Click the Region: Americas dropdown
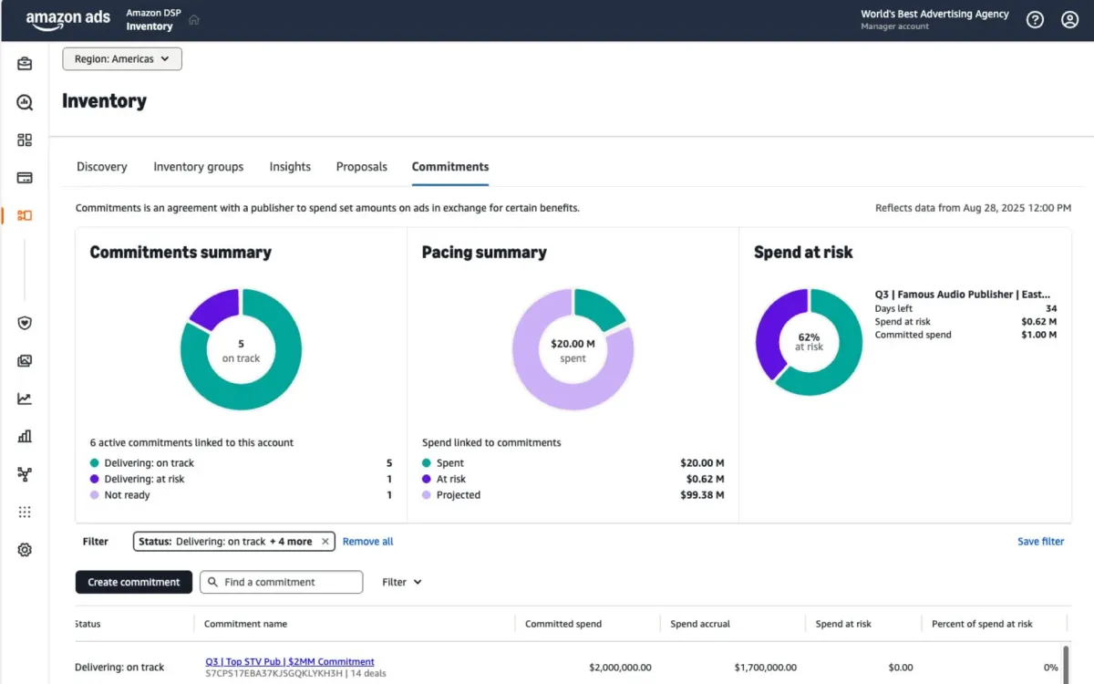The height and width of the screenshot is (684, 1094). [x=122, y=59]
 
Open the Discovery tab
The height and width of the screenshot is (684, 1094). [x=102, y=167]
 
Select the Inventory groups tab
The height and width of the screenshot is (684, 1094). [x=198, y=167]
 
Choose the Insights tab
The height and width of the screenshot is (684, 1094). [x=290, y=167]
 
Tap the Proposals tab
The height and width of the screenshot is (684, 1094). [x=361, y=167]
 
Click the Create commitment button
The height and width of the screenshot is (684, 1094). [x=133, y=582]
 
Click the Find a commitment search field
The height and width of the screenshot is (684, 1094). [x=282, y=582]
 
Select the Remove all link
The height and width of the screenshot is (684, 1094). [x=367, y=542]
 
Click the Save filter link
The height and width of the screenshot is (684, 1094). [x=1040, y=542]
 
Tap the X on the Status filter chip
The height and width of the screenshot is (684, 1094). [x=325, y=542]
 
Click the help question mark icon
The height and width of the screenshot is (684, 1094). [x=1035, y=20]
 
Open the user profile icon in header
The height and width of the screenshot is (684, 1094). [x=1069, y=20]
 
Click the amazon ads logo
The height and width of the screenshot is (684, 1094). [x=67, y=20]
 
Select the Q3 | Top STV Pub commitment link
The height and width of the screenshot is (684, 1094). [x=290, y=661]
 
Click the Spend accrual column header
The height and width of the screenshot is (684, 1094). [x=700, y=624]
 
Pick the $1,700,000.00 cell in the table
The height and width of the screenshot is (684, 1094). [x=765, y=668]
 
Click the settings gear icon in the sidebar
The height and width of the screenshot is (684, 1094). [x=25, y=550]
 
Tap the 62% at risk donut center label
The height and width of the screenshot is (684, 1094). [x=809, y=342]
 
